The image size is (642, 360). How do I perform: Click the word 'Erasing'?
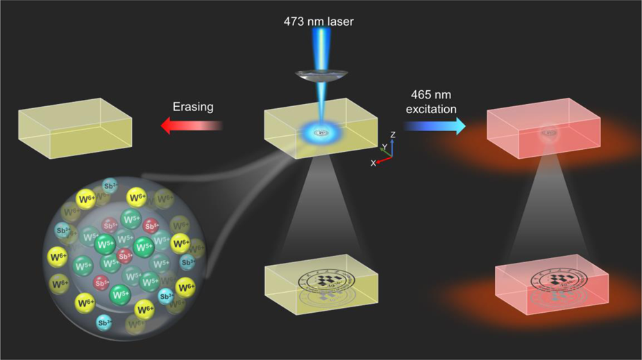[x=193, y=108]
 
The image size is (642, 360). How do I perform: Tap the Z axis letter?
[x=393, y=134]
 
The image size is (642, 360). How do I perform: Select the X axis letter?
[x=373, y=162]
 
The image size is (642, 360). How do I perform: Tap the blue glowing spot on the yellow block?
[x=321, y=132]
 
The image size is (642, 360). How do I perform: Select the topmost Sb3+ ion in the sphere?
[x=108, y=185]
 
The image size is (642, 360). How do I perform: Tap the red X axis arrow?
[x=382, y=159]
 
